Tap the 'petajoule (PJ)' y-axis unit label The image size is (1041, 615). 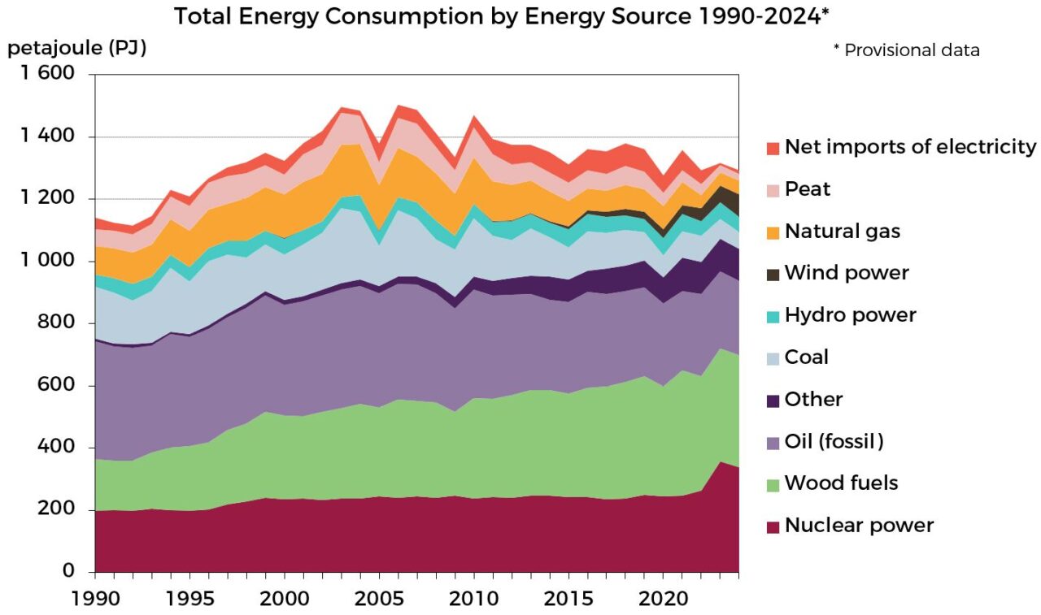click(76, 49)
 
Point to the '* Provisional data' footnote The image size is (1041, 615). click(906, 50)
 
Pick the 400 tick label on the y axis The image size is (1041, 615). click(58, 448)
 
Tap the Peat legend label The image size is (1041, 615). click(807, 189)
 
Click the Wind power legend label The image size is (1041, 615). click(846, 273)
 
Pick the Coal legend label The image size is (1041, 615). click(806, 357)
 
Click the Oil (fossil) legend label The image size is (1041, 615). click(834, 442)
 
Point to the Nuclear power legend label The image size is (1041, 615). click(859, 526)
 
